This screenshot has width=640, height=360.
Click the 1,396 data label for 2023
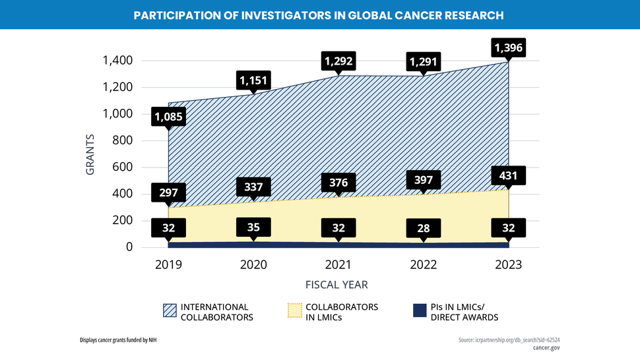tap(509, 48)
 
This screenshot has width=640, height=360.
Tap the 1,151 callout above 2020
tap(254, 80)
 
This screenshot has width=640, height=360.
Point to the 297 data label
tap(169, 193)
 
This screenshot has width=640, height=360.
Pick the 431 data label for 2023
tap(509, 176)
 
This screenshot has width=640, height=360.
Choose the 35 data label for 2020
tap(254, 227)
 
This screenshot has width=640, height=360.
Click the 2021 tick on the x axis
tap(339, 264)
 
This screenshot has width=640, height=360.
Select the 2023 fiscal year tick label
tap(509, 264)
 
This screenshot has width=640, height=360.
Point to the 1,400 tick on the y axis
tap(118, 61)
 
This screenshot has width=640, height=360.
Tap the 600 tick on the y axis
tap(123, 167)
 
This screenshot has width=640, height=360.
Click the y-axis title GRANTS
tap(90, 154)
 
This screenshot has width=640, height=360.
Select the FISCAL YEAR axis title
tap(336, 285)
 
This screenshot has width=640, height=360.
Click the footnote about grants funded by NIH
tap(118, 340)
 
